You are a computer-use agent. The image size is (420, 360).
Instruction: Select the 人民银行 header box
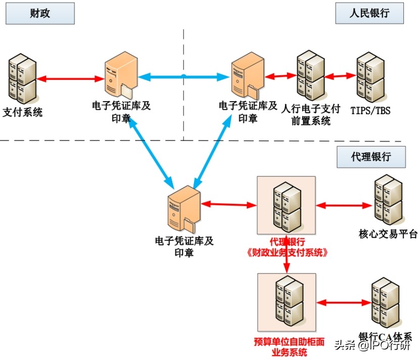click(370, 13)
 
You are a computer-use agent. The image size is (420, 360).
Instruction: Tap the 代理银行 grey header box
click(371, 157)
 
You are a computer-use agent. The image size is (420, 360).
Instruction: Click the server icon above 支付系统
click(22, 79)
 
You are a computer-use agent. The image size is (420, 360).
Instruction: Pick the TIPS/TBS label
click(370, 110)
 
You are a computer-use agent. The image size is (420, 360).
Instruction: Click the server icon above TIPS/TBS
click(370, 77)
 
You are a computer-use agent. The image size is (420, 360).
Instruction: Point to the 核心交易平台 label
click(381, 234)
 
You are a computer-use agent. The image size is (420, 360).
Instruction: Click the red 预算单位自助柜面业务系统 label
click(286, 346)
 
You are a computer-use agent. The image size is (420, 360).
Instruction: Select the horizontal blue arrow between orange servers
click(183, 77)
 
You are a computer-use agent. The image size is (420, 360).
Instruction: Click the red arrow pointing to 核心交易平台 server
click(344, 205)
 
